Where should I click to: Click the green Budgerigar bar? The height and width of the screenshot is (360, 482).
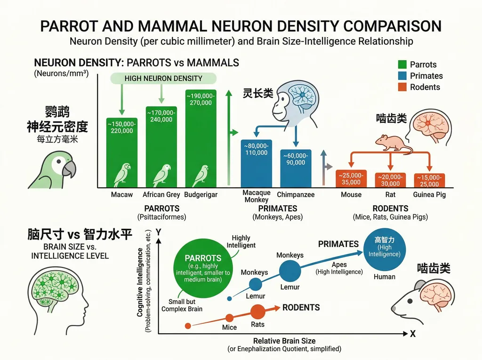tap(201, 138)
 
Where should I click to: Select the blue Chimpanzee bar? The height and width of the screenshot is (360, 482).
tap(296, 168)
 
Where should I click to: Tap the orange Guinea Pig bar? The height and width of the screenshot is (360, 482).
tap(429, 180)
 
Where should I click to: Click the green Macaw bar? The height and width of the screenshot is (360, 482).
tap(122, 152)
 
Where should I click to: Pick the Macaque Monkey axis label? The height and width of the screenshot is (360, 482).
tap(257, 196)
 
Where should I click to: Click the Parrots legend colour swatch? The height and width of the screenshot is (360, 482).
tap(402, 64)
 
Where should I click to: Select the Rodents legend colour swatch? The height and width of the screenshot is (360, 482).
tap(402, 87)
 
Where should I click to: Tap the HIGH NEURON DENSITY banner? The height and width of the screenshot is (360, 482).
tap(163, 79)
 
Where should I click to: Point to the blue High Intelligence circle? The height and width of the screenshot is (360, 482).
tap(384, 249)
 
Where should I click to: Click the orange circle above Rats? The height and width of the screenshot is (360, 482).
tap(257, 312)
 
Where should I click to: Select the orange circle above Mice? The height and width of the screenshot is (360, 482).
tap(229, 318)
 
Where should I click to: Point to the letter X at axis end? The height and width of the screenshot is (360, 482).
tap(412, 334)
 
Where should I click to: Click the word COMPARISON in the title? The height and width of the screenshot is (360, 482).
tap(392, 26)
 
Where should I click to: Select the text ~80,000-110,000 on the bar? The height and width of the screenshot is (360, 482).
tap(256, 149)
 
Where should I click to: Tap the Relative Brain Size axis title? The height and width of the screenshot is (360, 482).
tap(284, 341)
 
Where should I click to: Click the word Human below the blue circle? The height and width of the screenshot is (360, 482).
tap(384, 277)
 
